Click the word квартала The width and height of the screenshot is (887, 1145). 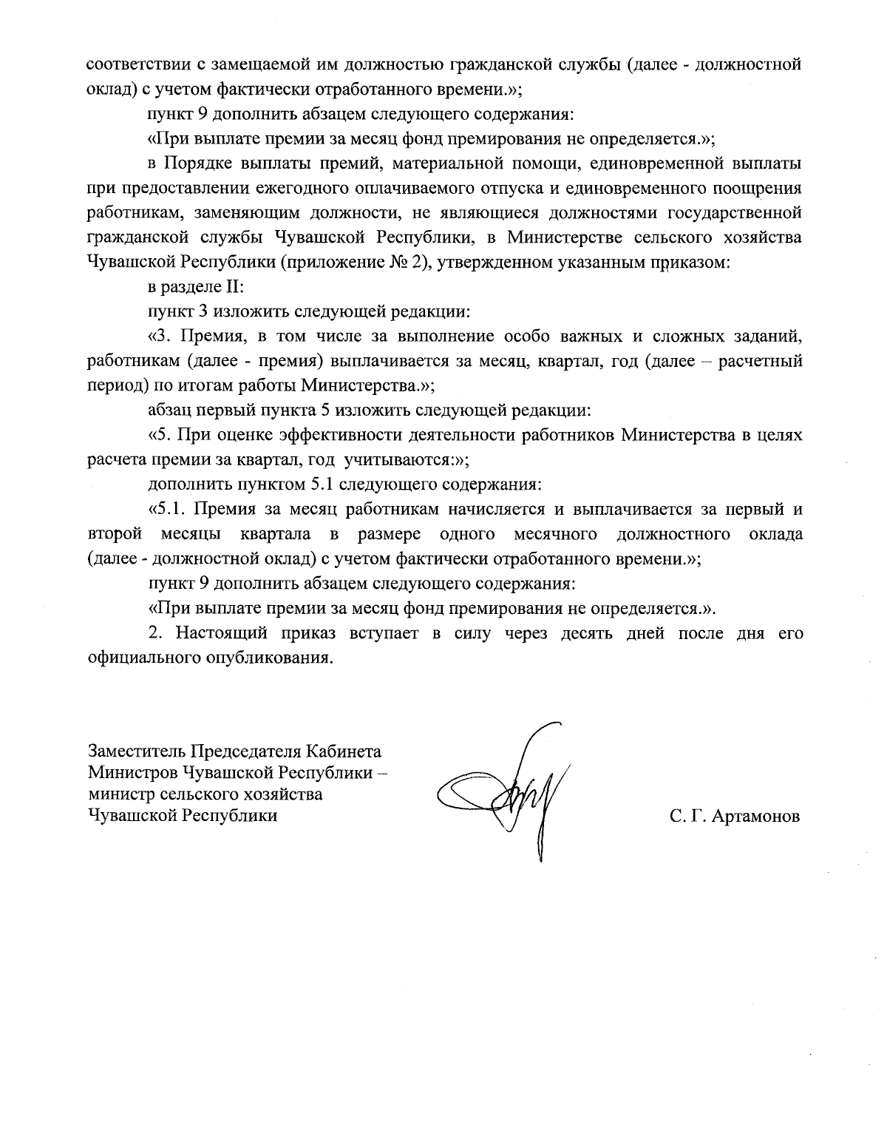click(x=278, y=534)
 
